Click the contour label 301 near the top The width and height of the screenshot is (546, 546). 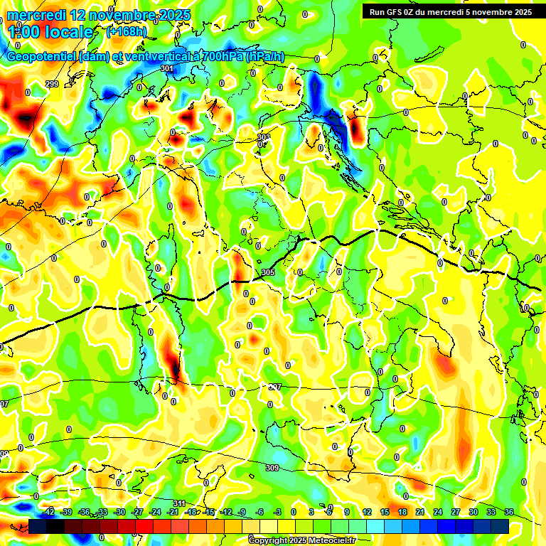167,69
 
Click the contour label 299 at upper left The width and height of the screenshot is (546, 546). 51,84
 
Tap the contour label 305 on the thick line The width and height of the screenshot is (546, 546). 268,273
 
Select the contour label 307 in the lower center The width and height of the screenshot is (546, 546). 275,387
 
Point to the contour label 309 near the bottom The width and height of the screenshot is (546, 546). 272,468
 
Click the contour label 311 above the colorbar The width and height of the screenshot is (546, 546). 179,503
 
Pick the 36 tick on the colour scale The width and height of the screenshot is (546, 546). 509,512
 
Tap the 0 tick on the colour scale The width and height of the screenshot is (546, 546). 294,512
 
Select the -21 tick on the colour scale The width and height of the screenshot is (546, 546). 173,512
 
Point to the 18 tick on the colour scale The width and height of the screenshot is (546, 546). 402,512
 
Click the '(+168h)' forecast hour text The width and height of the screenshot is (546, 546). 127,31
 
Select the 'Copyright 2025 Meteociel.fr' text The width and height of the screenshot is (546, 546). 301,541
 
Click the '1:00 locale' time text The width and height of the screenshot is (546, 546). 50,32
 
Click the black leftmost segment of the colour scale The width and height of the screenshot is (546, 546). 38,526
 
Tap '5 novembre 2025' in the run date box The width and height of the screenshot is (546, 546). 497,12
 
